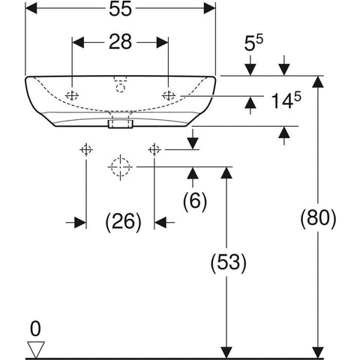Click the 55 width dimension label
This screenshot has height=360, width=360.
(x=120, y=9)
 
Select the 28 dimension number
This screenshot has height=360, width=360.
(x=120, y=42)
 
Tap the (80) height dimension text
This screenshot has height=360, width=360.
(x=318, y=217)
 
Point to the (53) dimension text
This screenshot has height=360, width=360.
(x=229, y=262)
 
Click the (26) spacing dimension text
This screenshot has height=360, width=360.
(x=124, y=221)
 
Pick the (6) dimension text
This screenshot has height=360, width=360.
(x=195, y=201)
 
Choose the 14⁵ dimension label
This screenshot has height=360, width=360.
(x=286, y=100)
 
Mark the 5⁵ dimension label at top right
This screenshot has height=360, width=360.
(x=253, y=43)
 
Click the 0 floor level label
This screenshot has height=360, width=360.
(x=35, y=329)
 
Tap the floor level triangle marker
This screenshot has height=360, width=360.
(x=36, y=349)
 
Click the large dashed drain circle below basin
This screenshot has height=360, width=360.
(x=121, y=166)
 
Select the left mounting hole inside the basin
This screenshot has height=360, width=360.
(x=72, y=95)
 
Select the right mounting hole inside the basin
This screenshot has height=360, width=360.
(x=169, y=95)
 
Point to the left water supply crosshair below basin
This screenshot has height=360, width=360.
(x=86, y=150)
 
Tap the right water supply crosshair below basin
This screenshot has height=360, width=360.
(x=154, y=150)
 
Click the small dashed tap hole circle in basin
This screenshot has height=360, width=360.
(x=121, y=88)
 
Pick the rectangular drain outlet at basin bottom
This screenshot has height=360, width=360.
(x=120, y=124)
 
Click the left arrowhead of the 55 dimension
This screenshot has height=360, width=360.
(x=31, y=9)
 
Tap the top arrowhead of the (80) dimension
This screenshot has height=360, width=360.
(x=318, y=82)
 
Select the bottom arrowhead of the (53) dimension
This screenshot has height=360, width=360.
(x=226, y=352)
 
